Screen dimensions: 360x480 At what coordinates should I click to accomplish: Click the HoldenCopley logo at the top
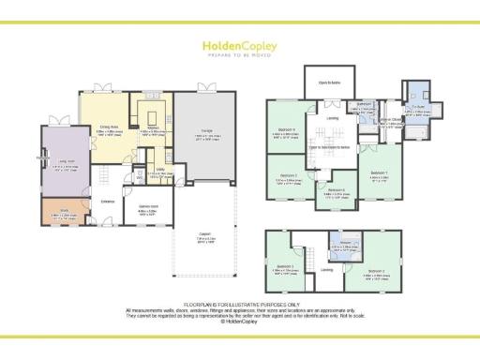point(239,45)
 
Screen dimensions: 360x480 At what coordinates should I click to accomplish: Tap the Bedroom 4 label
point(287,129)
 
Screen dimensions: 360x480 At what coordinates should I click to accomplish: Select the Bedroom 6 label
point(337,189)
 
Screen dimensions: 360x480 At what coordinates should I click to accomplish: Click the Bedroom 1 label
point(378,173)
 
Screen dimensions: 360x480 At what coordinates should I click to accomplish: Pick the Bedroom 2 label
point(377,271)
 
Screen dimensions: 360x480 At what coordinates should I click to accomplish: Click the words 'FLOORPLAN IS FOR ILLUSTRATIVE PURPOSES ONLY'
point(239,304)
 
